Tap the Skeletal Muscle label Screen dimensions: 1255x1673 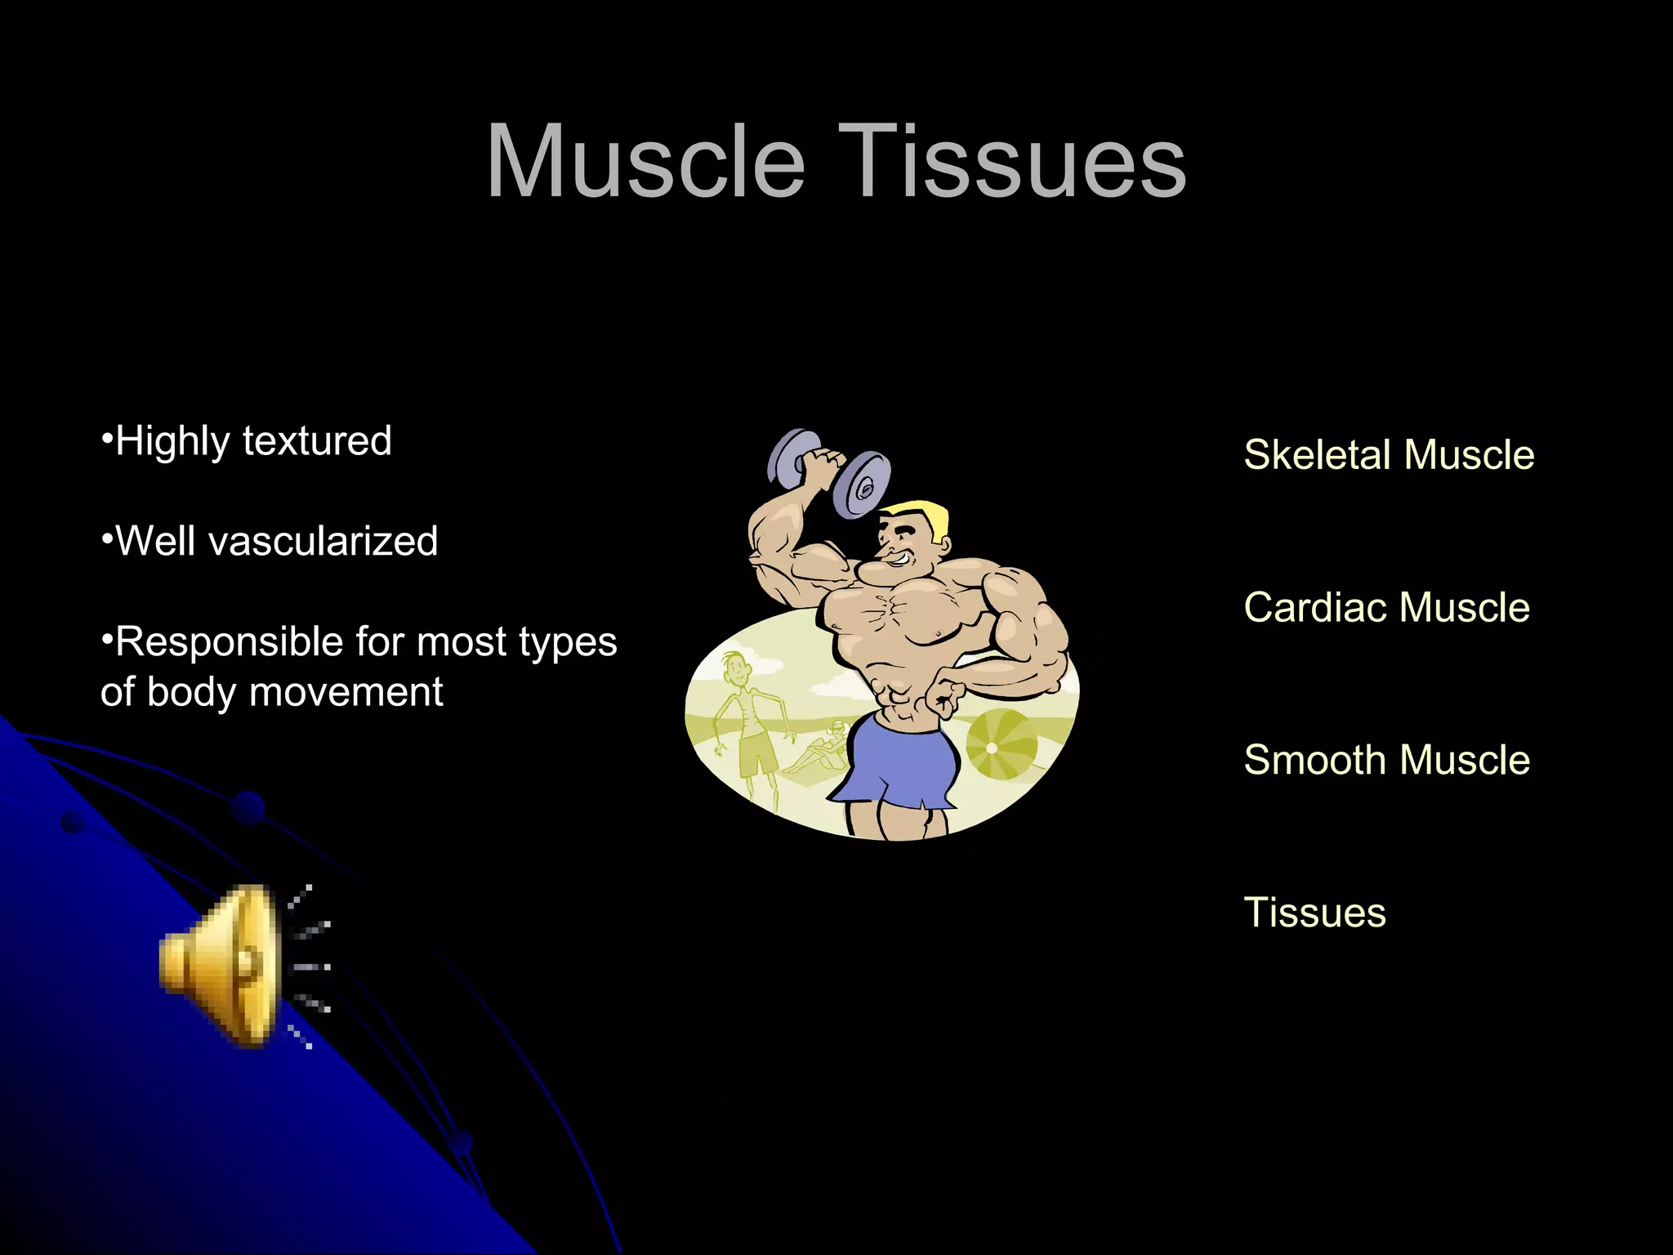[x=1389, y=455]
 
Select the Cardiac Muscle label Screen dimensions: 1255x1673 [x=1386, y=608]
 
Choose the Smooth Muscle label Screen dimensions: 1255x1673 [x=1386, y=761]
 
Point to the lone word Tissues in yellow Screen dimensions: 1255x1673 [x=1314, y=913]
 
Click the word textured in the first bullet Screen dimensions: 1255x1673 [x=317, y=441]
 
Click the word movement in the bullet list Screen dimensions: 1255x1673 [x=346, y=693]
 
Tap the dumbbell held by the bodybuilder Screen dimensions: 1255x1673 [x=828, y=472]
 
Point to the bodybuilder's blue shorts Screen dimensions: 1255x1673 [x=903, y=764]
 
